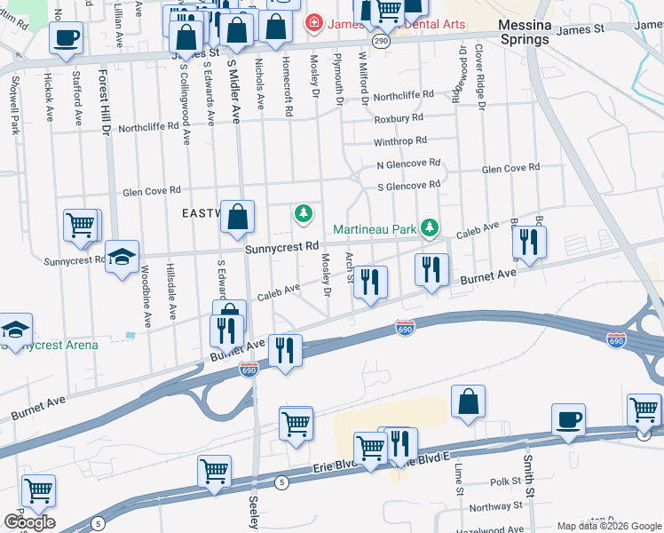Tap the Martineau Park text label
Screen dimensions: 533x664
point(375,229)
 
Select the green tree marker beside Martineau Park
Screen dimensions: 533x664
point(430,228)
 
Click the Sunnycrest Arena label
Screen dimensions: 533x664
point(51,345)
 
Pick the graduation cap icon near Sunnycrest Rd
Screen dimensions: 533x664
point(122,259)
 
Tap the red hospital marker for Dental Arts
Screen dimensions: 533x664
point(312,21)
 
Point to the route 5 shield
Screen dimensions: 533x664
point(282,482)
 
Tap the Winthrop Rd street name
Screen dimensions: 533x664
point(400,140)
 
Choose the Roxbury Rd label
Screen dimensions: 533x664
point(399,117)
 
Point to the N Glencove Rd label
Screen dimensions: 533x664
point(408,163)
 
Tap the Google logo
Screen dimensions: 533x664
point(29,521)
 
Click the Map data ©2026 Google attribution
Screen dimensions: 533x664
point(608,526)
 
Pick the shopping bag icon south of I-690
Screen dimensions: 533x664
point(468,402)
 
